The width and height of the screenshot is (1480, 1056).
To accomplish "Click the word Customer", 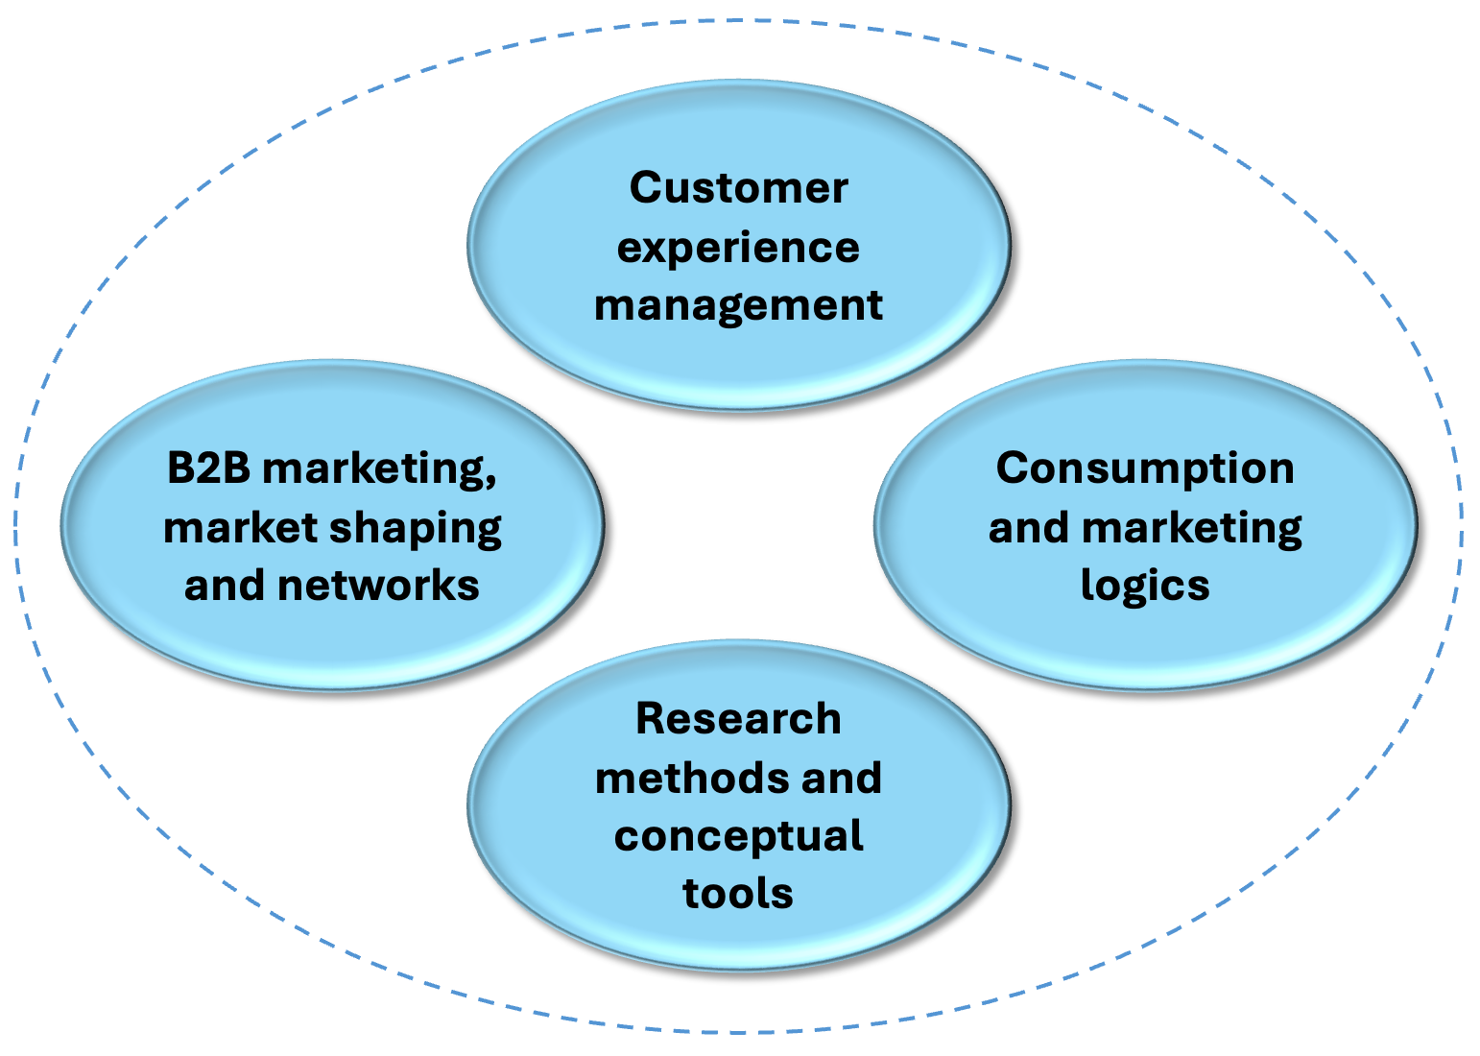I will (x=738, y=187).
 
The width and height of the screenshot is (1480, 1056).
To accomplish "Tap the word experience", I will (x=738, y=248).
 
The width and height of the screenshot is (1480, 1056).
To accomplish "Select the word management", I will (x=738, y=305).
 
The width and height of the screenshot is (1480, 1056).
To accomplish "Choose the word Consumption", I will (x=1145, y=468).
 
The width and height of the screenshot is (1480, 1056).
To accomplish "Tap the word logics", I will (x=1145, y=587).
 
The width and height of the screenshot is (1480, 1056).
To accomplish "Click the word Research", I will (x=738, y=718).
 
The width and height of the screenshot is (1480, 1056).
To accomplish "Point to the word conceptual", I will (x=738, y=836).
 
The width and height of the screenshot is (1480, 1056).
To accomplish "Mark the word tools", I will (x=738, y=893).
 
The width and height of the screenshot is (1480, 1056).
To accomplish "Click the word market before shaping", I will (x=240, y=527).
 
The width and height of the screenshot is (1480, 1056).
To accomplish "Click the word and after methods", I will (x=842, y=778).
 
